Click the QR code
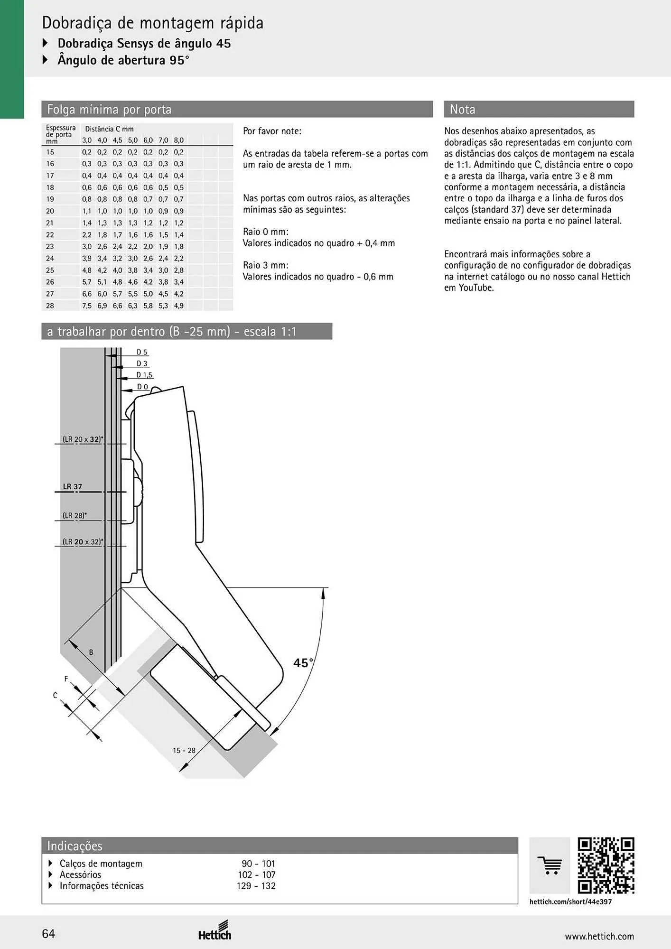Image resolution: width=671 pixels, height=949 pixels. (606, 865)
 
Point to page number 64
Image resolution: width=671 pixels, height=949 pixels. (48, 934)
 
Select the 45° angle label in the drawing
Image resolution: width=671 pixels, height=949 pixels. (303, 662)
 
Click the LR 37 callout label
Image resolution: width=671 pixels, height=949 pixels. (73, 486)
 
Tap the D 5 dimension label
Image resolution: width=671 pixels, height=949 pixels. (142, 352)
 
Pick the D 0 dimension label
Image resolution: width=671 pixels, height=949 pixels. (143, 387)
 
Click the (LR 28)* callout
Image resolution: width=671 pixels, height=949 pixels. (75, 515)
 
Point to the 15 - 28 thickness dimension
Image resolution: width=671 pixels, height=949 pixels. (184, 750)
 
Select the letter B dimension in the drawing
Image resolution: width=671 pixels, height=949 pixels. (91, 652)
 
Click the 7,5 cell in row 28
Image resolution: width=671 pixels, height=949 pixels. (87, 306)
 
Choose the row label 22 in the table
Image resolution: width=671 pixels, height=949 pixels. (50, 234)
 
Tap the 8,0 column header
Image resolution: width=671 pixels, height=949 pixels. (178, 140)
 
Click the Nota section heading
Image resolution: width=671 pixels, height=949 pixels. (463, 109)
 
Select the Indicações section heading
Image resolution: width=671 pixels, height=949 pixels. (75, 846)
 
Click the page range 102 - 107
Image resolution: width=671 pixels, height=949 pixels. (257, 875)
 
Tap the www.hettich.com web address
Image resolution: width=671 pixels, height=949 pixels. (599, 936)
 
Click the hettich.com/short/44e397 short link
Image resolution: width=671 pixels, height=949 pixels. (571, 901)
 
